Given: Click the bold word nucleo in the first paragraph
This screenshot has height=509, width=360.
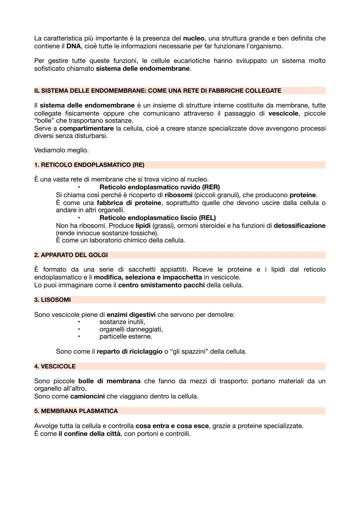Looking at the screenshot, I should (194, 38).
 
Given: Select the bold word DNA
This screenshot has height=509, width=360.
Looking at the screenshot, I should (73, 46).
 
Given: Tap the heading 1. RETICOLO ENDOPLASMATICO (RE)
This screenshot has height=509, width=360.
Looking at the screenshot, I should (89, 165).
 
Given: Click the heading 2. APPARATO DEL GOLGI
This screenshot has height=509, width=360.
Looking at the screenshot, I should (71, 255).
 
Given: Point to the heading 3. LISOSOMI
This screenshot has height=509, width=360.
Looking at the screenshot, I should (52, 300).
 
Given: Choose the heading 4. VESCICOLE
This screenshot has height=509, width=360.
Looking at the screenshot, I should (55, 366).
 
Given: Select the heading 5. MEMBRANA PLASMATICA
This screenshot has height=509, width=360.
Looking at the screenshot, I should (76, 411).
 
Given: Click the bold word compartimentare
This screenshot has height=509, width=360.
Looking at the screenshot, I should (86, 128).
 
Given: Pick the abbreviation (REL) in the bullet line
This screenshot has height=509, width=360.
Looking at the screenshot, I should (207, 218).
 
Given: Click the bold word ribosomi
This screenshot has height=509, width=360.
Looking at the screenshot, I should (178, 195).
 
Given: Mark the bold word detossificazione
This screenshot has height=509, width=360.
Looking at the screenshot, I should (299, 226).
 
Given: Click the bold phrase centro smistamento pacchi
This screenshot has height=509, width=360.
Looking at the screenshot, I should (161, 285).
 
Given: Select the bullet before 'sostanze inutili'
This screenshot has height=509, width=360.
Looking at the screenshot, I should (79, 322).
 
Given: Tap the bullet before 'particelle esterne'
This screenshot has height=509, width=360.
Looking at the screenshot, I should (79, 337).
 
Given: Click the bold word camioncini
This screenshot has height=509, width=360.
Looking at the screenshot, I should (87, 396).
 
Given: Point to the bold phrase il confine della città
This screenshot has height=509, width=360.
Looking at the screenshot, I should (89, 434).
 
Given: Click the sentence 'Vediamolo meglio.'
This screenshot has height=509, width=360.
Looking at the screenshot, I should (61, 150).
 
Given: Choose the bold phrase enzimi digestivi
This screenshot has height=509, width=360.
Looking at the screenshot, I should (131, 315).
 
